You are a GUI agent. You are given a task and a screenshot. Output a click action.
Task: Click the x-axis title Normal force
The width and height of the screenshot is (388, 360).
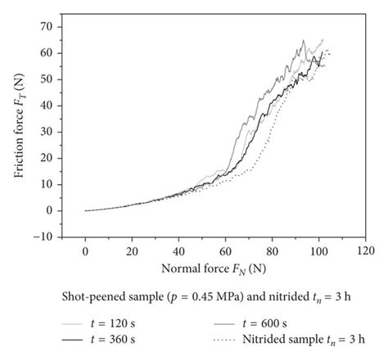(x=222, y=269)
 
